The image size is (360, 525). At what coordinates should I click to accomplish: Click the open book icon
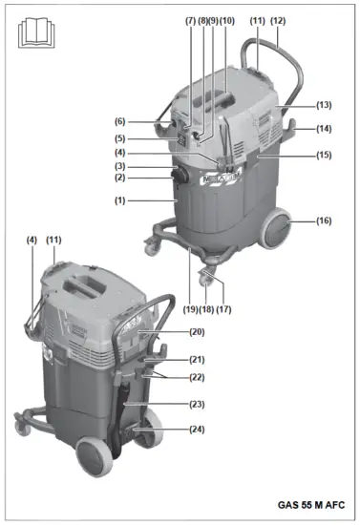point(33,33)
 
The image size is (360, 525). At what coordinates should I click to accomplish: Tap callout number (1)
point(119,201)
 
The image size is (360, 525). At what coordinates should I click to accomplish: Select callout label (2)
point(120,178)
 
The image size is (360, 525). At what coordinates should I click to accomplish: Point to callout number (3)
point(120,167)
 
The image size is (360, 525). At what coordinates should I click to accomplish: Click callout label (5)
point(120,137)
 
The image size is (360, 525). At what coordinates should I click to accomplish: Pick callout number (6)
point(120,121)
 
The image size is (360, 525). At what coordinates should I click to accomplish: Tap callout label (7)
point(190,21)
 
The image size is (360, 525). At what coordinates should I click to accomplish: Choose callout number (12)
point(278,21)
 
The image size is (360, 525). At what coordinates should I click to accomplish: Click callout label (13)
point(324,104)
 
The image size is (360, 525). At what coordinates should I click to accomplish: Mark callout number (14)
point(324,129)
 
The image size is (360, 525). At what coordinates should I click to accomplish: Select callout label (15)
point(324,155)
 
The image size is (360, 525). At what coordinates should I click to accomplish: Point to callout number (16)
point(324,220)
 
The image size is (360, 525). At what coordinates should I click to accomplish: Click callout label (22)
point(198,378)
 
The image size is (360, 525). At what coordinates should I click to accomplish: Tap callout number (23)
point(198,404)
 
